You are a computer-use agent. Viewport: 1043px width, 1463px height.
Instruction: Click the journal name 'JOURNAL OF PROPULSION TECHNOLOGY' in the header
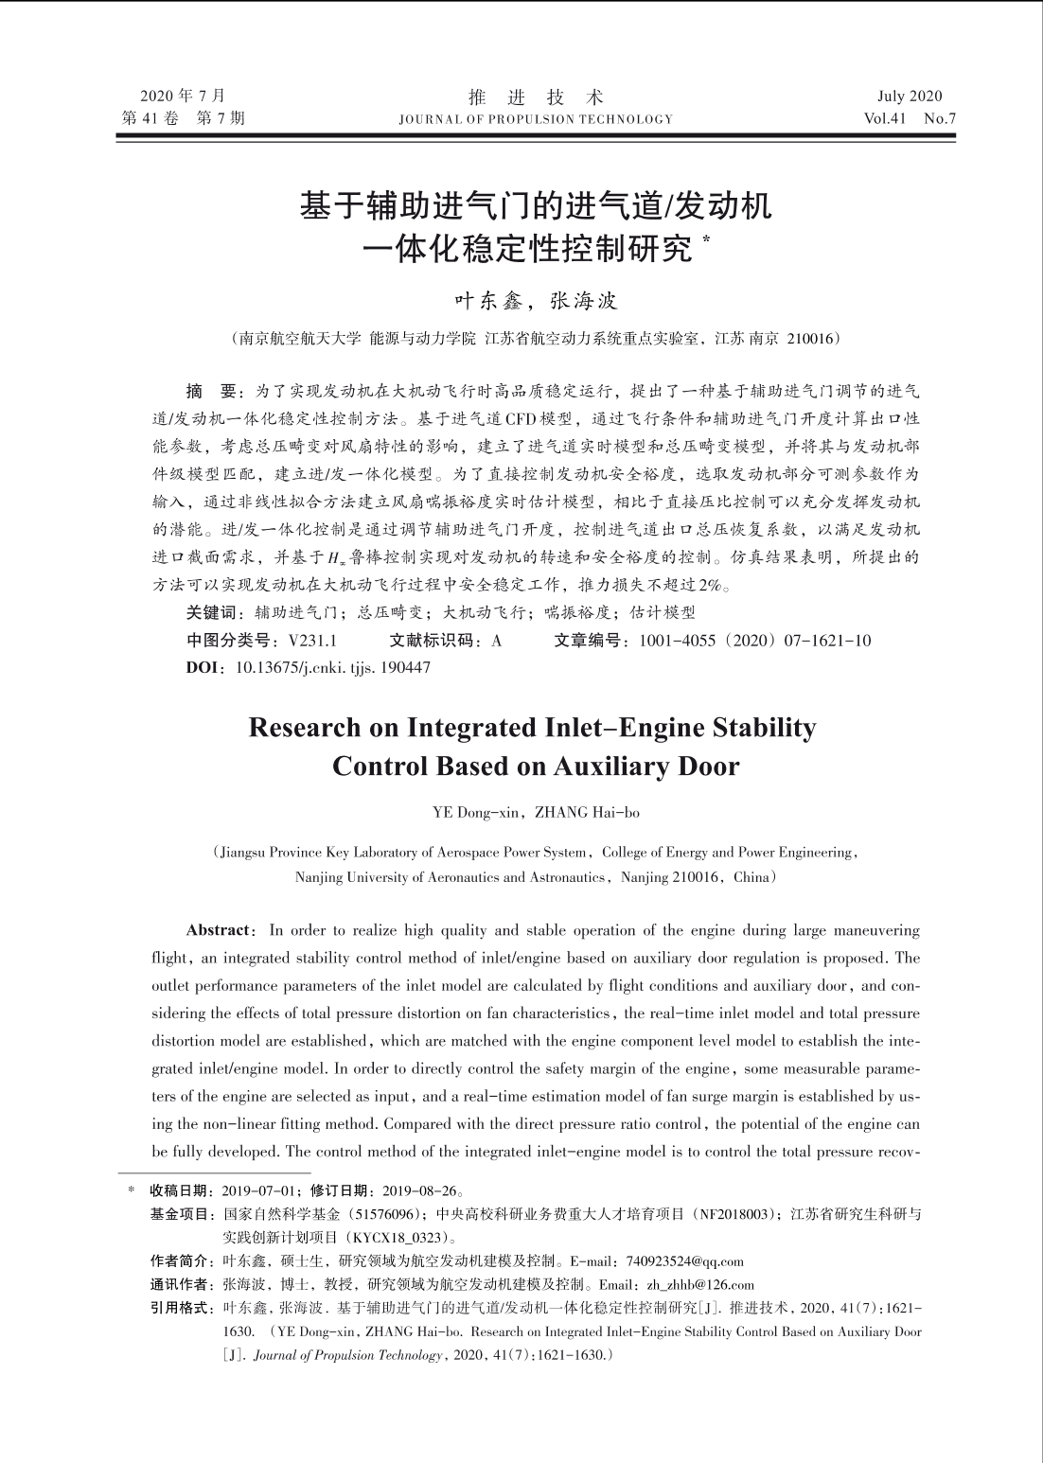pyautogui.click(x=536, y=120)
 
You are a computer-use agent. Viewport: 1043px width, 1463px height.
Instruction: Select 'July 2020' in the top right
pyautogui.click(x=910, y=96)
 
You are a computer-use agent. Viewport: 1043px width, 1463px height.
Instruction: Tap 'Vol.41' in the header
pyautogui.click(x=885, y=119)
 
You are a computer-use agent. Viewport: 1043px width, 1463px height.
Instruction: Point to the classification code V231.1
pyautogui.click(x=313, y=641)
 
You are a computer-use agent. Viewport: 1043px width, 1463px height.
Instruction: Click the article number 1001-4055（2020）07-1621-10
pyautogui.click(x=755, y=641)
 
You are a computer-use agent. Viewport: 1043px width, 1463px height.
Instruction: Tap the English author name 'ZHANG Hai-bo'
pyautogui.click(x=587, y=812)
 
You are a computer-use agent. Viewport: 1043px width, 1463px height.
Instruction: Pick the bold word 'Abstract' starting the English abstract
pyautogui.click(x=219, y=930)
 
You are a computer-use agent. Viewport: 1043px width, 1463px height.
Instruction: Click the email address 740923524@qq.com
pyautogui.click(x=685, y=1261)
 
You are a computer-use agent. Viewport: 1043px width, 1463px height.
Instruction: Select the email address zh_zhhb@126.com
pyautogui.click(x=700, y=1285)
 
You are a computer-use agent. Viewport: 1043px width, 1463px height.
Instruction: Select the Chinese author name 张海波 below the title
pyautogui.click(x=584, y=302)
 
